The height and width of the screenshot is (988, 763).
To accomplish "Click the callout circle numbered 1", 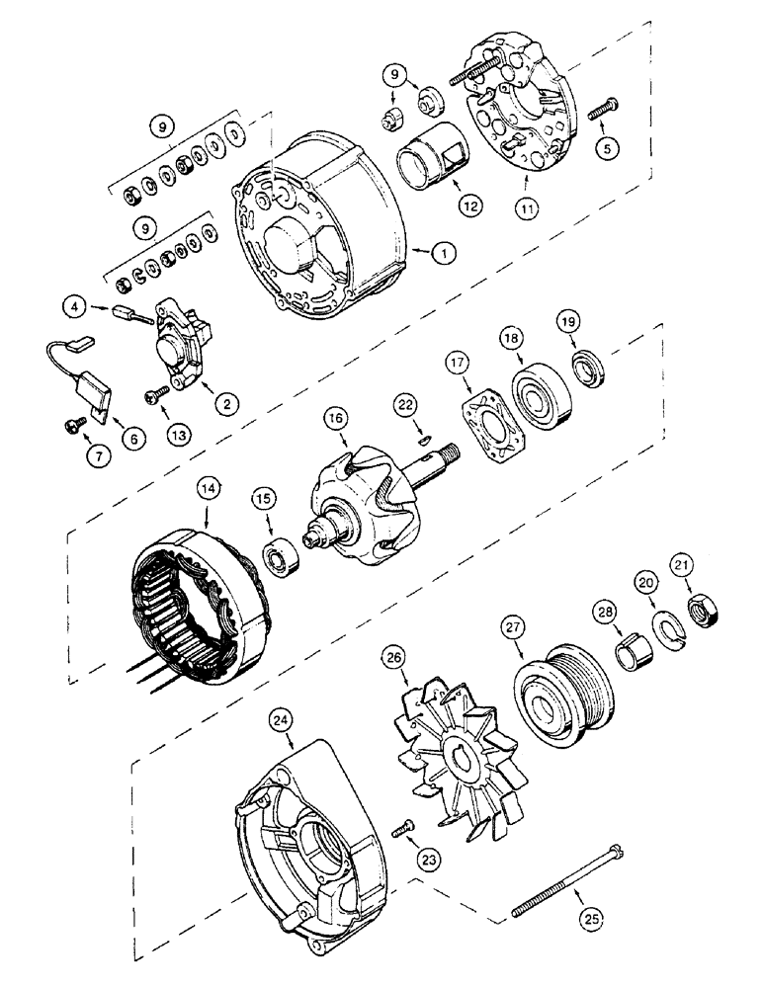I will (443, 253).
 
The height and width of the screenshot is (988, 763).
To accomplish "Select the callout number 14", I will (208, 488).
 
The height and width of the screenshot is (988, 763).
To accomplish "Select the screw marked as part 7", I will (74, 424).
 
